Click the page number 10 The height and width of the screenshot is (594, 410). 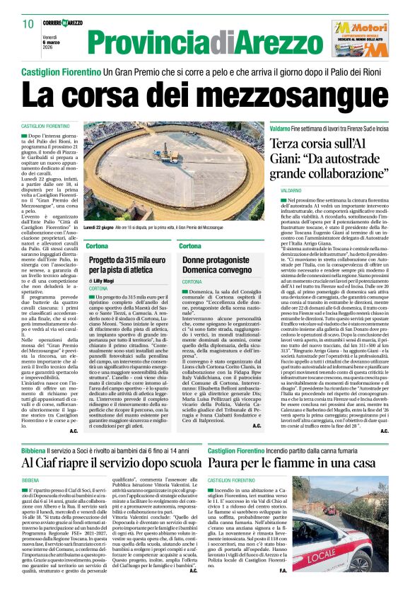pos(28,23)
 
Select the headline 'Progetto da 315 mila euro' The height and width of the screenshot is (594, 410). pos(129,267)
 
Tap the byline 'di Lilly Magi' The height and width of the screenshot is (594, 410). pos(103,281)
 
